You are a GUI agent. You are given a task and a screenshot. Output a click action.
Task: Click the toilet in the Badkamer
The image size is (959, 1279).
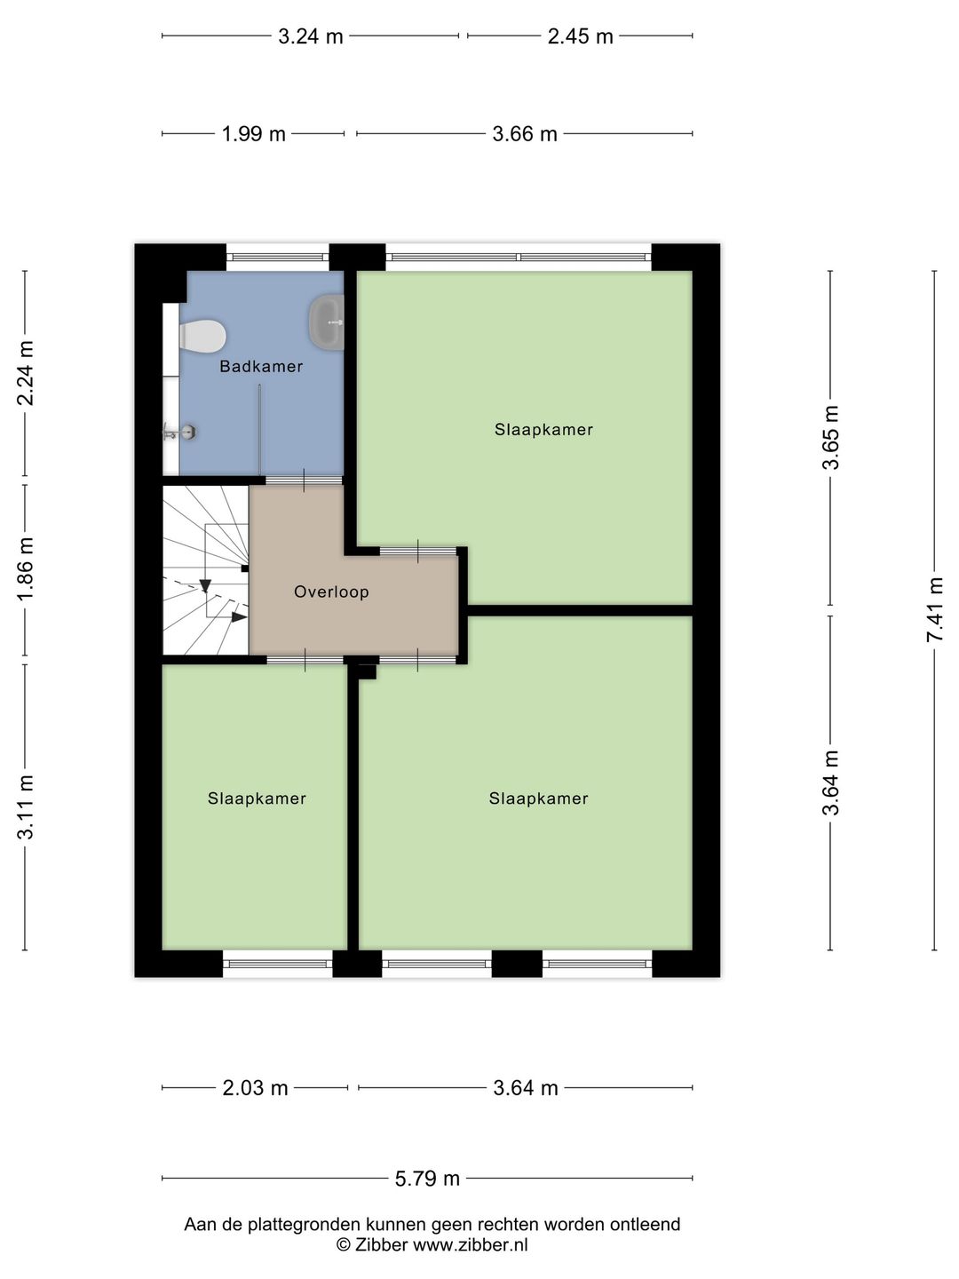pyautogui.click(x=202, y=336)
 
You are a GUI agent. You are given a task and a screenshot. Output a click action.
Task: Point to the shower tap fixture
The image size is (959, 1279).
pyautogui.click(x=179, y=432)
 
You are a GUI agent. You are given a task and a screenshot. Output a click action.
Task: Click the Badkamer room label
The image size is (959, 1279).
pyautogui.click(x=261, y=367)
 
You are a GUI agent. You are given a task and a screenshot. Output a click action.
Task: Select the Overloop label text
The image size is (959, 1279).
pyautogui.click(x=331, y=592)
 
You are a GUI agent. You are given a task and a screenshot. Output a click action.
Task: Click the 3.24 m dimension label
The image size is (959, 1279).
pyautogui.click(x=311, y=36)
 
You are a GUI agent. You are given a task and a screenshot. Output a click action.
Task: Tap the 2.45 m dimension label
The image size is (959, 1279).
pyautogui.click(x=580, y=36)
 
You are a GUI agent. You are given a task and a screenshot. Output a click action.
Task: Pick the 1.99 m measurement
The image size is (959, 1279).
pyautogui.click(x=253, y=135)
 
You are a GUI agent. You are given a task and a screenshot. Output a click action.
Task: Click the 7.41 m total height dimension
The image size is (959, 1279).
pyautogui.click(x=934, y=609)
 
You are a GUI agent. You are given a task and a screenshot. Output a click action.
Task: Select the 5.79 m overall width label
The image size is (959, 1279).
pyautogui.click(x=427, y=1179)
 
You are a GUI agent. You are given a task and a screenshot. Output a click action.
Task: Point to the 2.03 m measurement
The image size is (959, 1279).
pyautogui.click(x=255, y=1088)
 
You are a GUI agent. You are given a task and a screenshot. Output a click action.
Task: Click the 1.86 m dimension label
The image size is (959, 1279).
pyautogui.click(x=26, y=568)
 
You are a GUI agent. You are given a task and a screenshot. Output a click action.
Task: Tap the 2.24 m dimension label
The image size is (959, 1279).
pyautogui.click(x=26, y=373)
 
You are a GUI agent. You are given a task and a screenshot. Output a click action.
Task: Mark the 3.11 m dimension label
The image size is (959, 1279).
pyautogui.click(x=26, y=807)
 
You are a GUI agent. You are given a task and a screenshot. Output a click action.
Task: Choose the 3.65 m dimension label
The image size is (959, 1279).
pyautogui.click(x=830, y=438)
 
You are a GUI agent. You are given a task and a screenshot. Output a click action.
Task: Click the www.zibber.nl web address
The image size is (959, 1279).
pyautogui.click(x=471, y=1245)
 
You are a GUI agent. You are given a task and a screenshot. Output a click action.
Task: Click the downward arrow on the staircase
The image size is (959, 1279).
pyautogui.click(x=205, y=585)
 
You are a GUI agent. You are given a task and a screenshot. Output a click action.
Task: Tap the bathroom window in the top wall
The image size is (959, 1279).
pyautogui.click(x=278, y=257)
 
